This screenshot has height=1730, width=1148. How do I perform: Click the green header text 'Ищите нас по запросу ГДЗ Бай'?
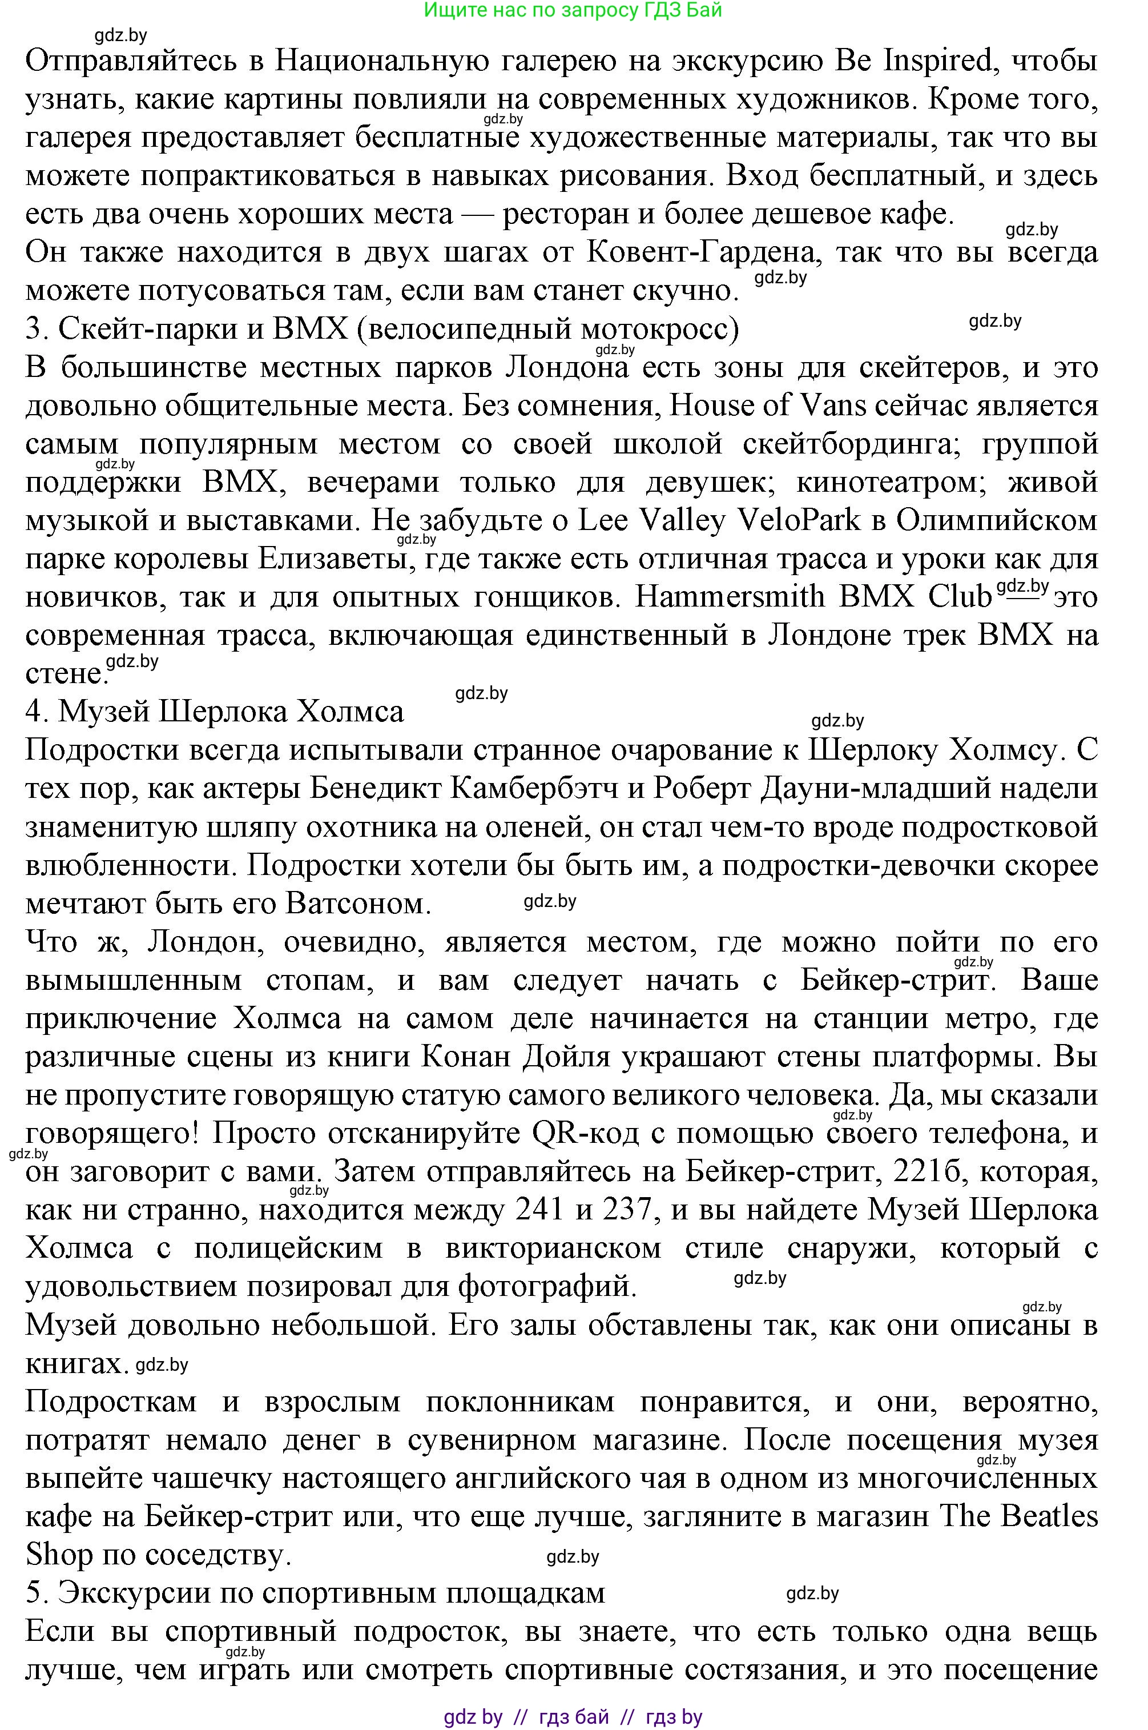[573, 10]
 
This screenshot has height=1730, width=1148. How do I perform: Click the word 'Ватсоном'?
[355, 904]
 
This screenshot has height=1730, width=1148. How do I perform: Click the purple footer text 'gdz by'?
[473, 1712]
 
